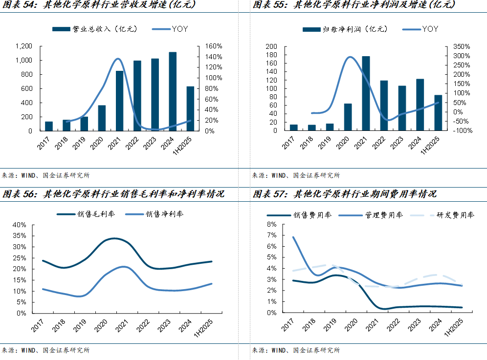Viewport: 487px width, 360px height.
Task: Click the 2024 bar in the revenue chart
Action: pos(173,91)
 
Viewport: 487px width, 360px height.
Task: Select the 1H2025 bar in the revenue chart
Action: pos(190,108)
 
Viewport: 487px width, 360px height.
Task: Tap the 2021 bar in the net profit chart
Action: pos(366,93)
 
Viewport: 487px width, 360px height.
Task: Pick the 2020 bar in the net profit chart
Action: pos(348,117)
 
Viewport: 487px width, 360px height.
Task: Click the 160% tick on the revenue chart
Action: pos(214,46)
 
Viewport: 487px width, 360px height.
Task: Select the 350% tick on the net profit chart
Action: pos(462,46)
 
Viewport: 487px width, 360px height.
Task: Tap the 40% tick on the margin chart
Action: pos(20,225)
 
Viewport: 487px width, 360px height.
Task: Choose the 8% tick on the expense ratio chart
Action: pos(271,225)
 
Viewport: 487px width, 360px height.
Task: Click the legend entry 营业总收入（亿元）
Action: pos(95,29)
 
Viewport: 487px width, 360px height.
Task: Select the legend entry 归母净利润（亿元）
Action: pos(345,29)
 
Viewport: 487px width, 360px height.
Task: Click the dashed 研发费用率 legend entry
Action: pos(455,215)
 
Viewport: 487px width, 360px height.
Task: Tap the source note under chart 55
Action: pos(296,175)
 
